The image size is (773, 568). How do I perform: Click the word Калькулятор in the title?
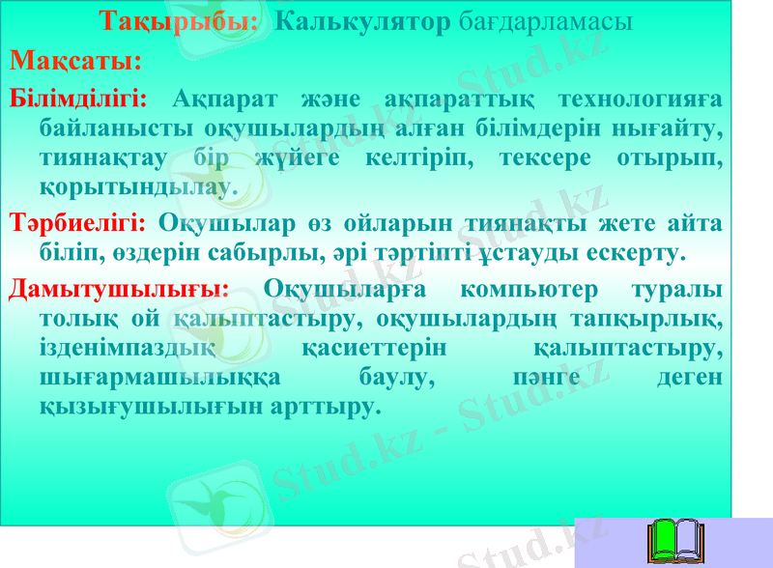pos(362,21)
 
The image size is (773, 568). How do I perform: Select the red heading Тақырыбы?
pos(180,21)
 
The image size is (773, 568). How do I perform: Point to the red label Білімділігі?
pos(78,99)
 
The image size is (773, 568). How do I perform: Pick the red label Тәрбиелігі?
pos(77,224)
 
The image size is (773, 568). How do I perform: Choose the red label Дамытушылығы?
pos(119,289)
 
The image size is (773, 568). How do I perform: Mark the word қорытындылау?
pos(137,185)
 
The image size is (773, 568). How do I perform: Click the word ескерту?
pos(636,254)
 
